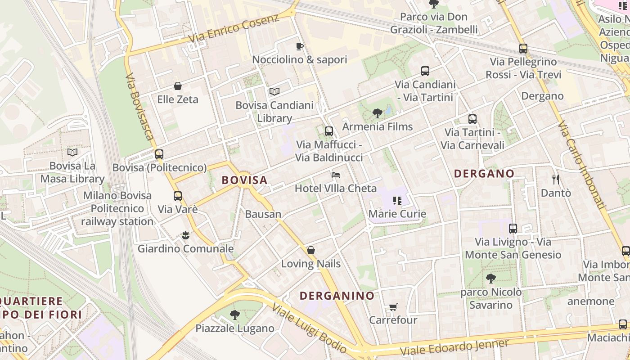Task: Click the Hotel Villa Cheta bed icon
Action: pos(335,175)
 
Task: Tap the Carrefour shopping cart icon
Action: pos(393,307)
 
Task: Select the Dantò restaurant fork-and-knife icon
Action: pos(556,180)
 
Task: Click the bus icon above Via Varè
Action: pos(178,196)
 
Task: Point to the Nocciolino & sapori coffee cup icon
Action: pos(299,46)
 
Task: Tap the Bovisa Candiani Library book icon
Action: pos(274,92)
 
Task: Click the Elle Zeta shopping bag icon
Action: pos(178,86)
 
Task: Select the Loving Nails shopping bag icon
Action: pos(310,250)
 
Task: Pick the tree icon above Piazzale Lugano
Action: pos(234,315)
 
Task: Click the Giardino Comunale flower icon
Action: pos(185,235)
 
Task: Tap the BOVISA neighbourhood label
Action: pos(245,180)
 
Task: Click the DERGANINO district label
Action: pos(337,296)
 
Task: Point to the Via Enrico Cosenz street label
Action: pos(234,28)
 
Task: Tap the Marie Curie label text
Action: pos(397,214)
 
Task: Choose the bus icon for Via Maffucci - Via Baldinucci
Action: pos(329,131)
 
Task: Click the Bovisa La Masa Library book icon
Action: pos(72,153)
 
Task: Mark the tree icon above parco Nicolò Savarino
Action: pos(490,279)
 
